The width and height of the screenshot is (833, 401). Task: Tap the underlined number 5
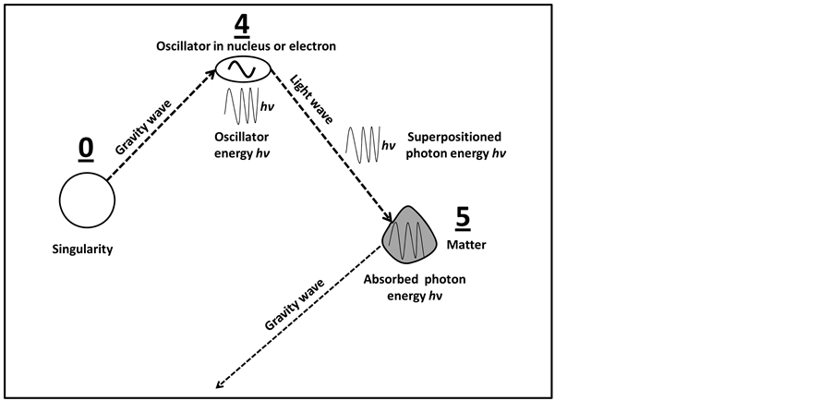[x=463, y=218]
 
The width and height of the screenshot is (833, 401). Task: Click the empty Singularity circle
[x=87, y=201]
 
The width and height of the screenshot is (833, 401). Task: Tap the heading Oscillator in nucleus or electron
[x=244, y=45]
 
